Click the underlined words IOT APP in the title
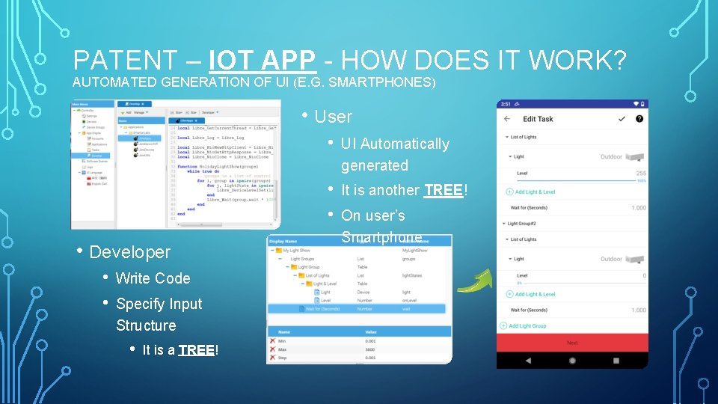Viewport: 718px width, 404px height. (x=264, y=60)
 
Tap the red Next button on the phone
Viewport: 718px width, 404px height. (x=572, y=343)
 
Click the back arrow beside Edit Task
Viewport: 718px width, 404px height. (x=507, y=119)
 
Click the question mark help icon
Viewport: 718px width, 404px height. (x=639, y=118)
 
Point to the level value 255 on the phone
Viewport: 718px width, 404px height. (x=641, y=174)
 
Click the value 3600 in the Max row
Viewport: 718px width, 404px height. (x=371, y=349)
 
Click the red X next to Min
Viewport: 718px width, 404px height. (x=273, y=340)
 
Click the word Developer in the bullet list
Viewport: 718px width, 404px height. (x=130, y=252)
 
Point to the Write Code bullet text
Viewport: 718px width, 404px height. (x=153, y=278)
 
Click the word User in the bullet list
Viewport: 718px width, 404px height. (x=334, y=117)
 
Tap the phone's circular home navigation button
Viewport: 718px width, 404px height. (x=572, y=360)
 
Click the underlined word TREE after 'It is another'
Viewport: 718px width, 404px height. (x=443, y=190)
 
